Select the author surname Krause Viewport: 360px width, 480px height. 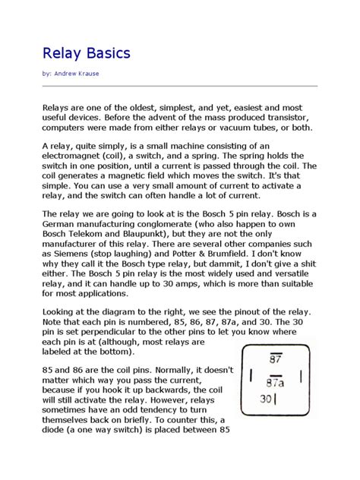point(93,74)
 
